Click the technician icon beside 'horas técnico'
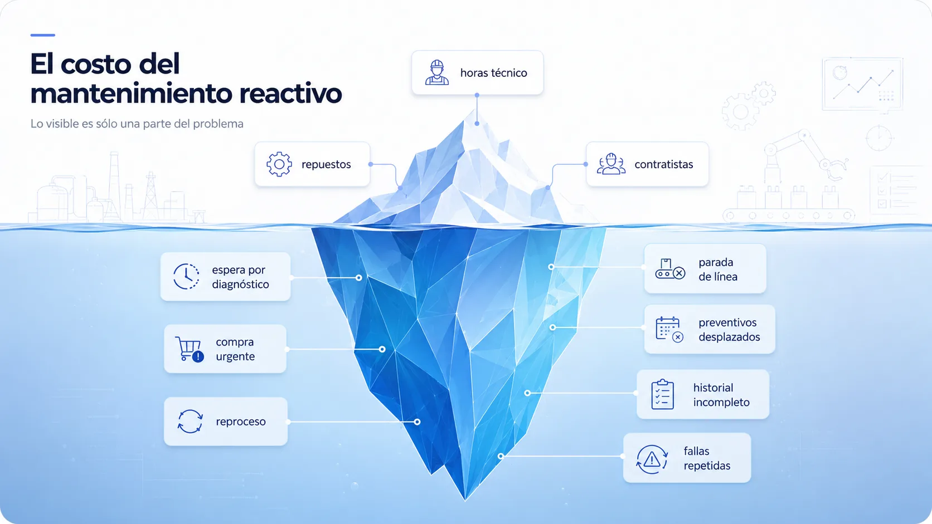point(437,72)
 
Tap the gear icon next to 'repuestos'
point(279,164)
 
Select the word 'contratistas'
point(664,165)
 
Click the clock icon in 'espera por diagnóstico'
point(186,276)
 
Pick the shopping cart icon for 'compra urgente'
point(190,349)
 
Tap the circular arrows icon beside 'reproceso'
point(190,422)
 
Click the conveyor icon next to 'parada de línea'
point(670,269)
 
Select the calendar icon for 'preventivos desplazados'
point(669,330)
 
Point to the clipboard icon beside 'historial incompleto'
point(662,394)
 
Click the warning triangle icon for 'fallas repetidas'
point(652,459)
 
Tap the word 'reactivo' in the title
point(290,94)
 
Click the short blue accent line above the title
point(43,35)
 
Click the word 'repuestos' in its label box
point(326,165)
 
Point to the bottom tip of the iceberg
point(465,501)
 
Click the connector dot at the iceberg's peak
point(477,124)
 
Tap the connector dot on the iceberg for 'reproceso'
point(417,422)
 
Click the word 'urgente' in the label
point(235,357)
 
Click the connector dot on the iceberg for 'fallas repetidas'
point(501,456)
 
